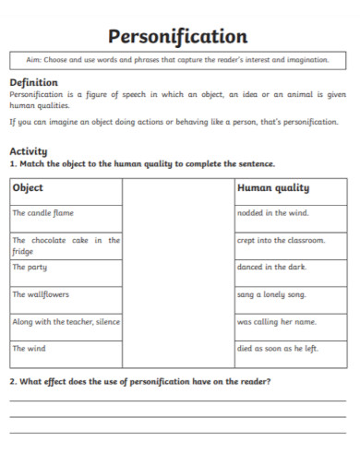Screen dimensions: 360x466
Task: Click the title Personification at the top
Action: (178, 37)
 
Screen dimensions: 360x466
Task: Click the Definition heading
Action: (33, 82)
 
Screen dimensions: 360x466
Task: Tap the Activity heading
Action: (29, 151)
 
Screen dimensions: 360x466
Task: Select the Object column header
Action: (28, 187)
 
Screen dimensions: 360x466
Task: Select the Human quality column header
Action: (273, 187)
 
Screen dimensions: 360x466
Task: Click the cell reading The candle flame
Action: (42, 212)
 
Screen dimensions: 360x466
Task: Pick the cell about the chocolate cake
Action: (66, 245)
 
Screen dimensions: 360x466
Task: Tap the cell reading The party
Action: (30, 267)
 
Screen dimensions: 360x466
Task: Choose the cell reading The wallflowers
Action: (41, 294)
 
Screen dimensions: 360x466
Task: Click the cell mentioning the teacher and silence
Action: (66, 322)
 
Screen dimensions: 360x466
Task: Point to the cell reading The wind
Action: (29, 349)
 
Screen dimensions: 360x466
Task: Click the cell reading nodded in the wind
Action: (274, 212)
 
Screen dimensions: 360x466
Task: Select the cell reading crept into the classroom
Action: (281, 240)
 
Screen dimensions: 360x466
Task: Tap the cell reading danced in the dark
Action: (272, 267)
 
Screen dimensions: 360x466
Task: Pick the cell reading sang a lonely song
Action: (272, 294)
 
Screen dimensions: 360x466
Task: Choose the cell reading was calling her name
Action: (277, 322)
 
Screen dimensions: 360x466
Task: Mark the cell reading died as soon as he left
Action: (278, 349)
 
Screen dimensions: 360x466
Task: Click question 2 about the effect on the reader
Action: (140, 381)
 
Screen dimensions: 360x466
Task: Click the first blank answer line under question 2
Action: (178, 400)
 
